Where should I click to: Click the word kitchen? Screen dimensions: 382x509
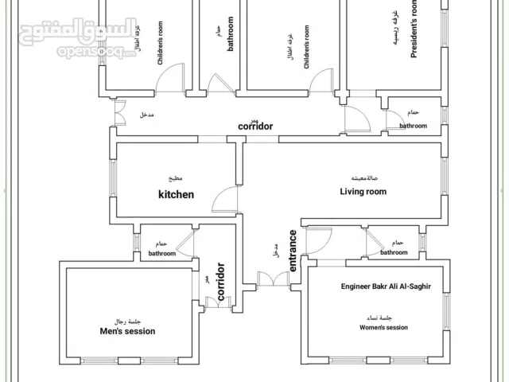(x=176, y=193)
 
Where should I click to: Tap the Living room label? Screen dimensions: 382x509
(x=363, y=191)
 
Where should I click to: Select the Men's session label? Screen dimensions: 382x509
(x=127, y=331)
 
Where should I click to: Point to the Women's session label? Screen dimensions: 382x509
(x=383, y=327)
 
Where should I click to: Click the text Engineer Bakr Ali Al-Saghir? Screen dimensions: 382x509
(x=386, y=286)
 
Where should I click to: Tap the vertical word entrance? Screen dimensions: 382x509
(x=293, y=251)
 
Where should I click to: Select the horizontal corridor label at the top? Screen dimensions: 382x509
(x=255, y=127)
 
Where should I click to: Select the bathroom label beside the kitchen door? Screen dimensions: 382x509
(x=162, y=253)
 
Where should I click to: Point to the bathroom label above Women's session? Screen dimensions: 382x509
(x=394, y=252)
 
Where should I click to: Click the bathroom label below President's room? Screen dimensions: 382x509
(x=413, y=126)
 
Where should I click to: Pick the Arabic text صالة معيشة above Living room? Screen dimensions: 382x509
(x=363, y=177)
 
